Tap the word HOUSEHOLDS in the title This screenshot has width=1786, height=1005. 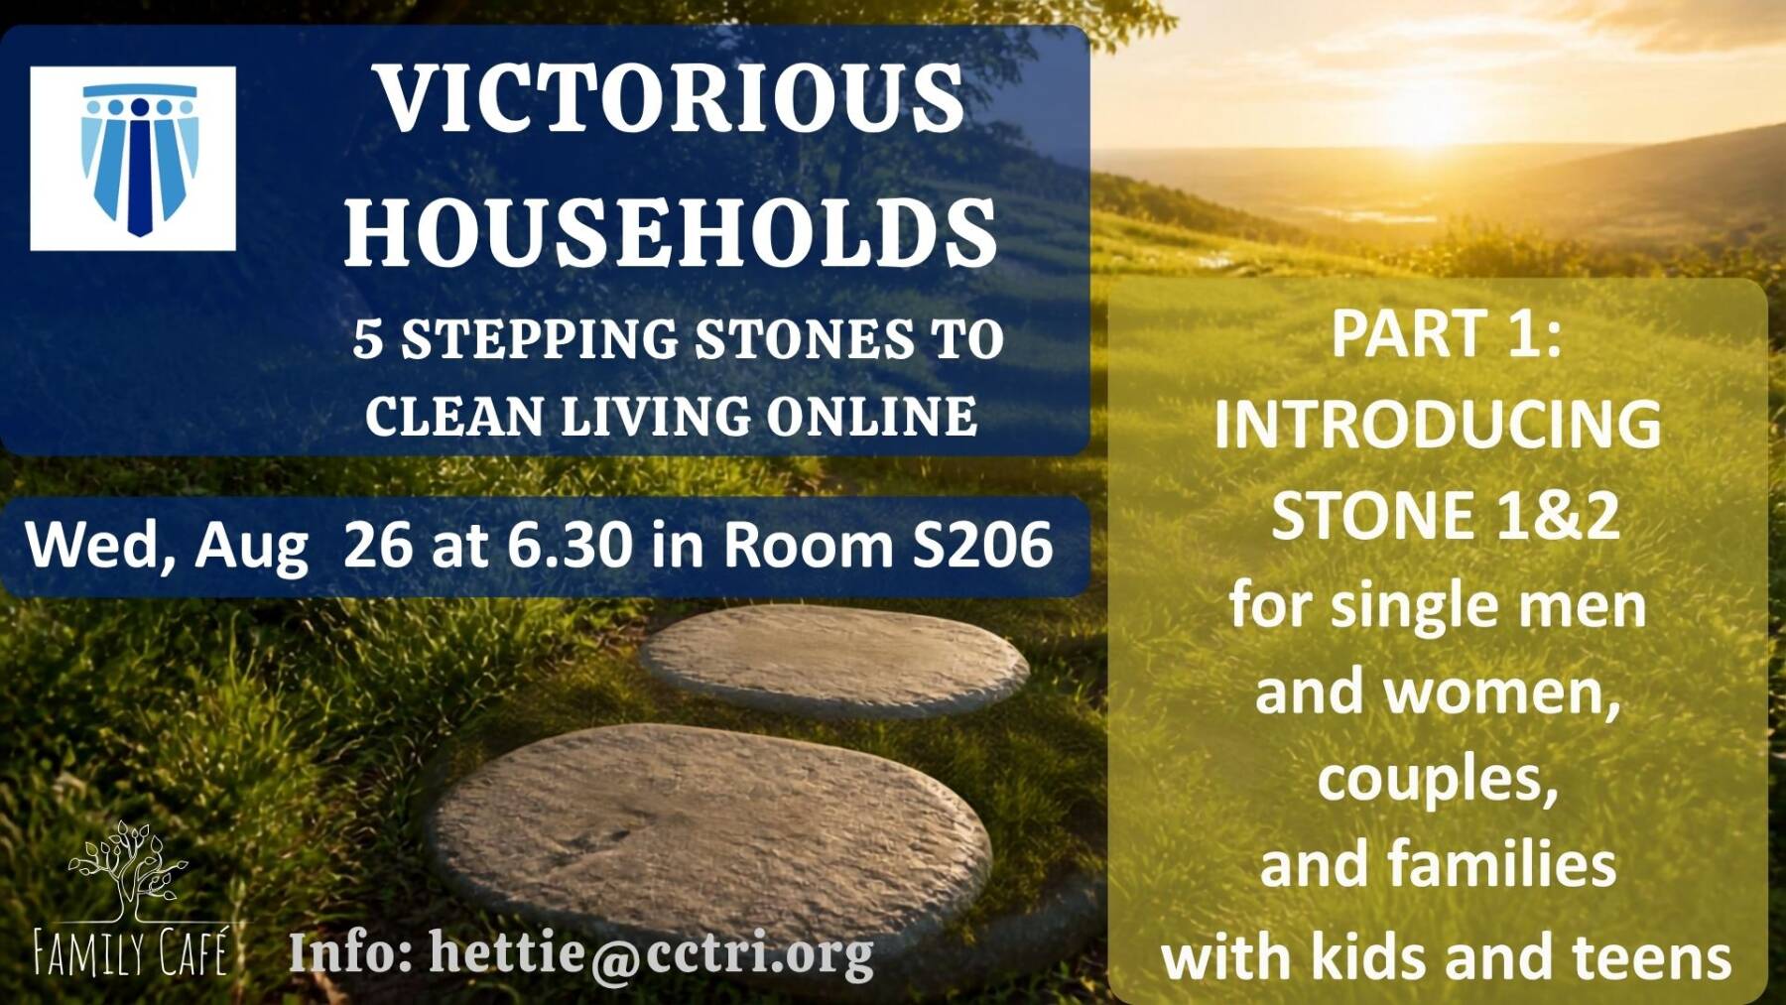671,230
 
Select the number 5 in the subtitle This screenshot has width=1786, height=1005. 367,339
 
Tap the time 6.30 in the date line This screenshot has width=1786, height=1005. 571,545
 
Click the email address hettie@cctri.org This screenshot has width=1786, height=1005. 651,952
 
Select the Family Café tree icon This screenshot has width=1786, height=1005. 127,870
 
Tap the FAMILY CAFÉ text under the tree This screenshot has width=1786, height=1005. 131,951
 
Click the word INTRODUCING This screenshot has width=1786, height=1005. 1438,425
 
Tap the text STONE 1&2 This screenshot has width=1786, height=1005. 1445,516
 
